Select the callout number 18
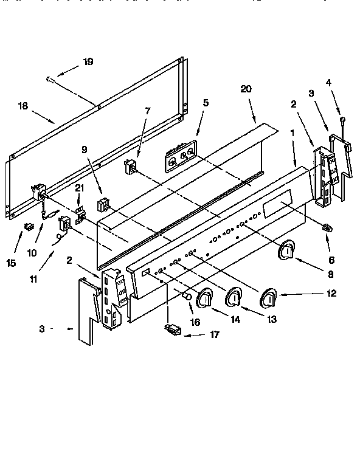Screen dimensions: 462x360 (23, 106)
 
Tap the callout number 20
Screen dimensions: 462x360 (246, 89)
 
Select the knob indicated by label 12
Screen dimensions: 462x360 (268, 299)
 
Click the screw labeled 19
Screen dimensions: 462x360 (50, 78)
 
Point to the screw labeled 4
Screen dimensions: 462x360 (343, 120)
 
